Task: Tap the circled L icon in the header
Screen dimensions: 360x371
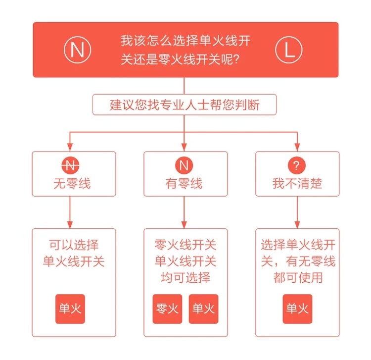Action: coord(288,50)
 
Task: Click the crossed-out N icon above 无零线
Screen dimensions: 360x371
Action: coord(72,165)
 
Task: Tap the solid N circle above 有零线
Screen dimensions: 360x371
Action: coord(184,165)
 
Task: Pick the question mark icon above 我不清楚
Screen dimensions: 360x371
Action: coord(297,165)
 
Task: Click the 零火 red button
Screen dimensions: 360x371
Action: coord(167,309)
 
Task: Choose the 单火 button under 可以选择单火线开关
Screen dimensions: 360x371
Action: coord(70,309)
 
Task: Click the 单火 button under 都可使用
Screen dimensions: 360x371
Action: coord(297,309)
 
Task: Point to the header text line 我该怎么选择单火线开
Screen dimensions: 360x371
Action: coord(185,41)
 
